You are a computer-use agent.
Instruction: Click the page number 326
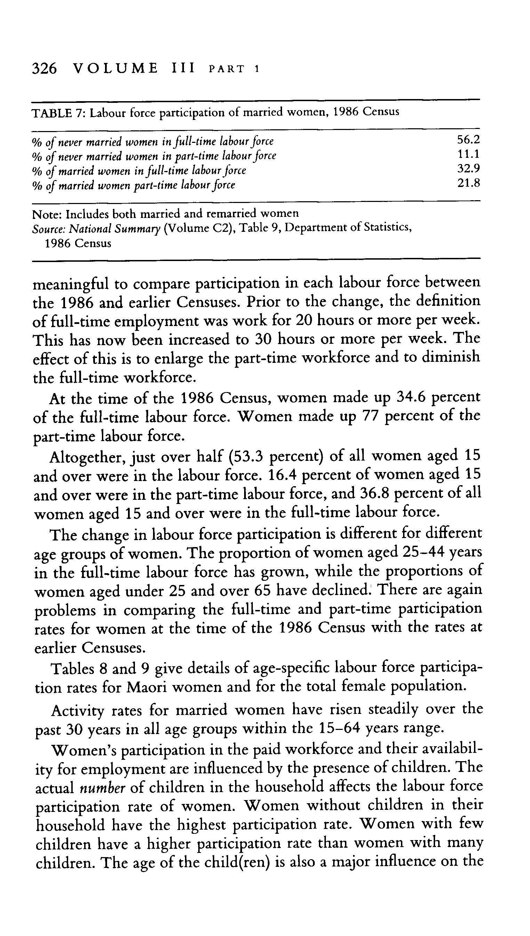point(45,68)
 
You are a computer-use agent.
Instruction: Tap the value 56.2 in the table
point(468,140)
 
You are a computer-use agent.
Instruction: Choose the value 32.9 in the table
point(468,169)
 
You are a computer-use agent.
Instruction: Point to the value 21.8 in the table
point(468,183)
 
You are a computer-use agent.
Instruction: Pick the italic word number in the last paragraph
point(102,788)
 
